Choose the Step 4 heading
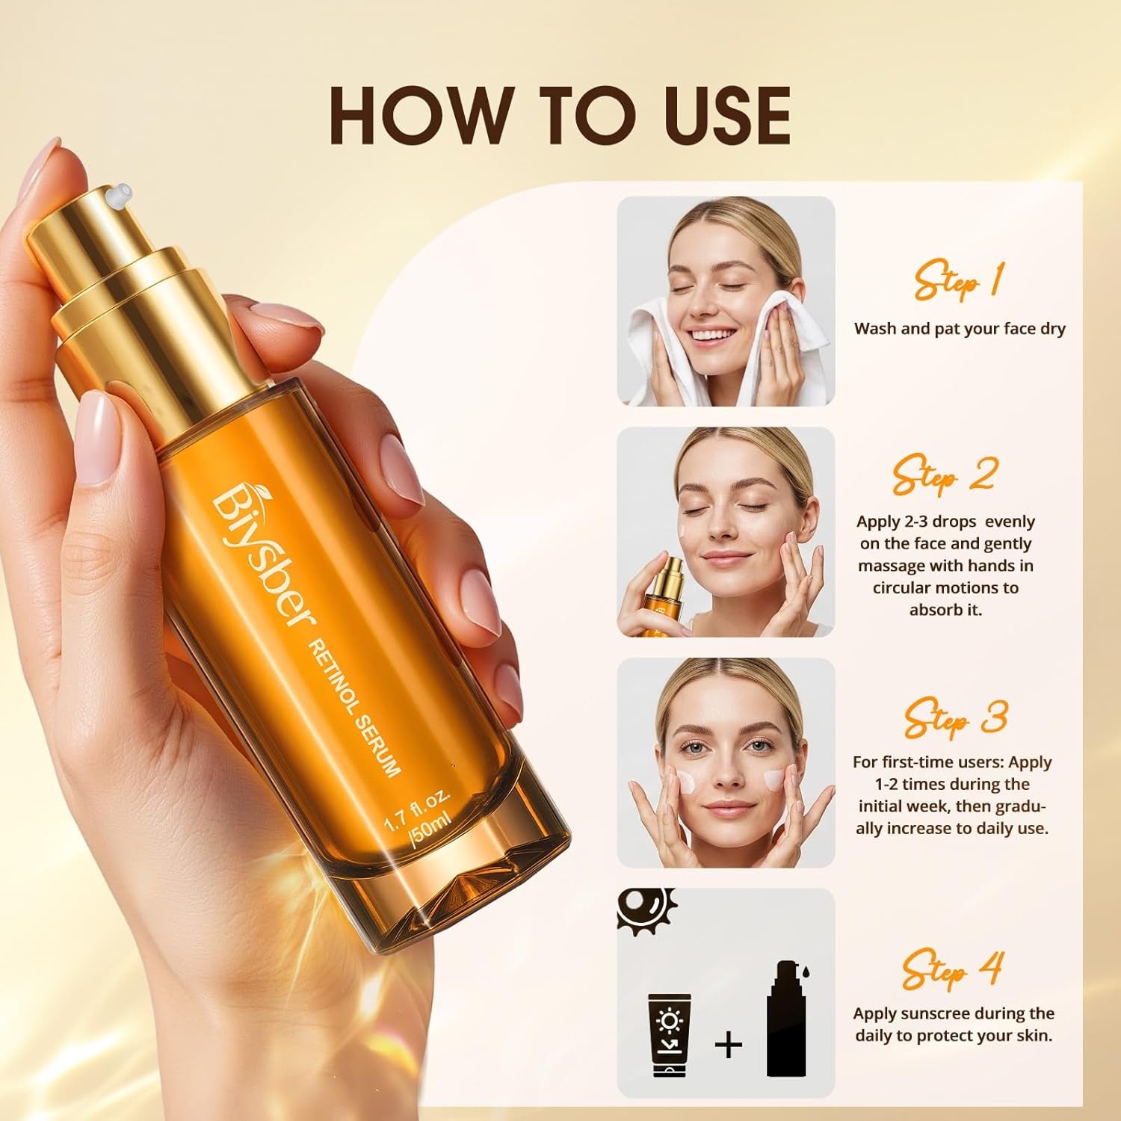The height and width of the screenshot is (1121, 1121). click(x=951, y=969)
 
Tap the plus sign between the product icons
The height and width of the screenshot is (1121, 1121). click(x=728, y=1043)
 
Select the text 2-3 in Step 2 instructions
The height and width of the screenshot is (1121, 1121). click(x=916, y=522)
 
